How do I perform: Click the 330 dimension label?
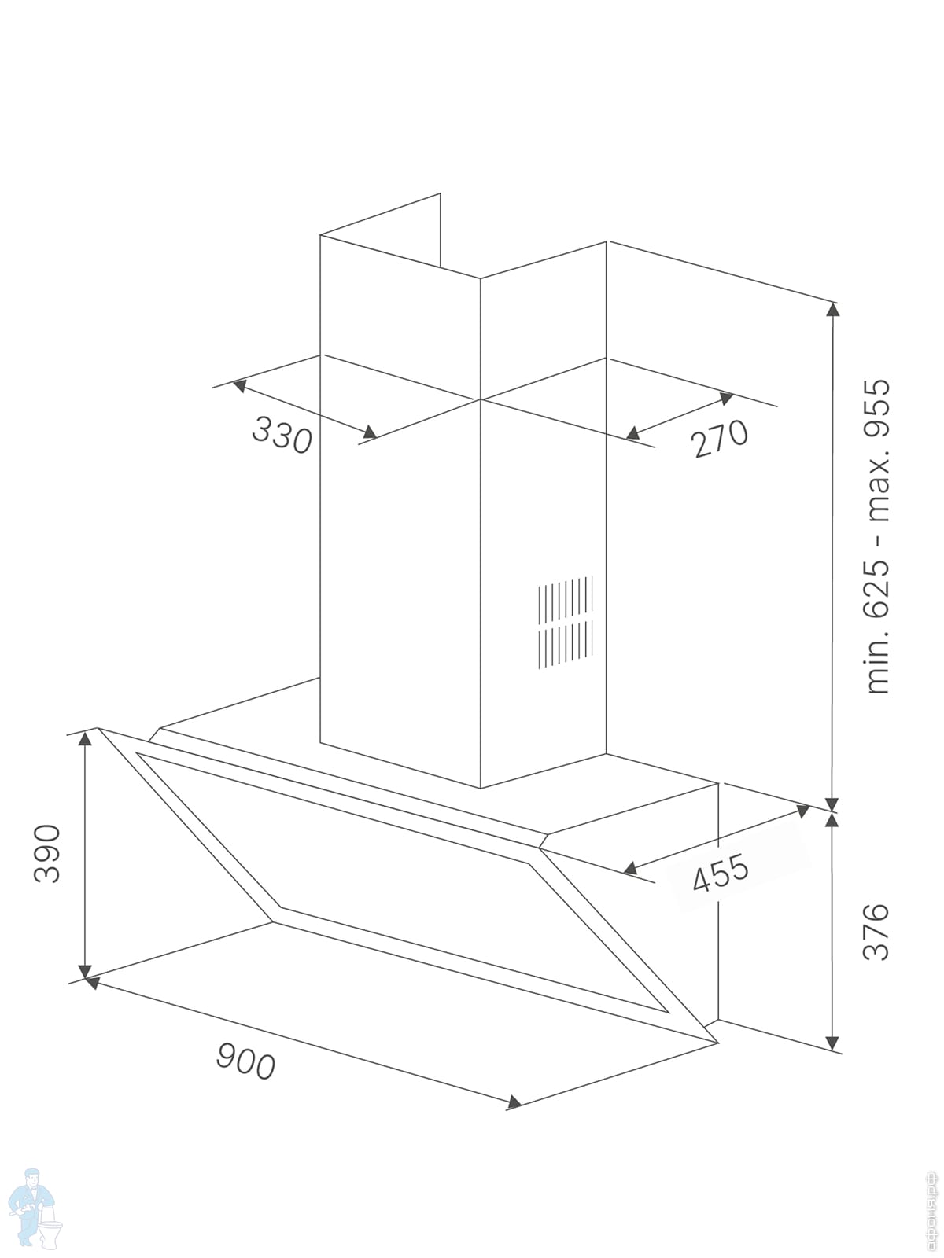pyautogui.click(x=282, y=435)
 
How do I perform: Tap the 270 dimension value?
pyautogui.click(x=720, y=438)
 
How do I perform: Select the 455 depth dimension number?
pyautogui.click(x=721, y=873)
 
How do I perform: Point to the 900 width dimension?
pyautogui.click(x=245, y=1061)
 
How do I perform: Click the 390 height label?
pyautogui.click(x=47, y=853)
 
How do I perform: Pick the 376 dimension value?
pyautogui.click(x=876, y=932)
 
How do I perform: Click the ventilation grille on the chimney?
pyautogui.click(x=565, y=623)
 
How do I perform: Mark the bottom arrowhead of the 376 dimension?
pyautogui.click(x=832, y=1043)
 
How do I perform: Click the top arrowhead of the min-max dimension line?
pyautogui.click(x=832, y=307)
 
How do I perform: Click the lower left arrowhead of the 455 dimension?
pyautogui.click(x=629, y=868)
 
